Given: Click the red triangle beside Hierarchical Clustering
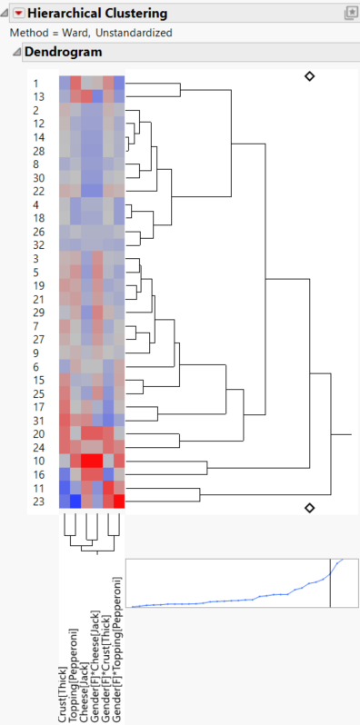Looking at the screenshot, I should point(18,14).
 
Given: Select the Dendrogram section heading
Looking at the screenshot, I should point(57,52).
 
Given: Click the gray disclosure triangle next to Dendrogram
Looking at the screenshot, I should point(15,52).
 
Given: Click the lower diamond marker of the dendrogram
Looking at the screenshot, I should point(309,507).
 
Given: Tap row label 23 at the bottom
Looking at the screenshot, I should point(37,501).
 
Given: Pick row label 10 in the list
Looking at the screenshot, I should point(37,461).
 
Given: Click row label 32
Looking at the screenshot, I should point(37,245).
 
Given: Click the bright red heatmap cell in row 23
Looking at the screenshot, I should point(119,502).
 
